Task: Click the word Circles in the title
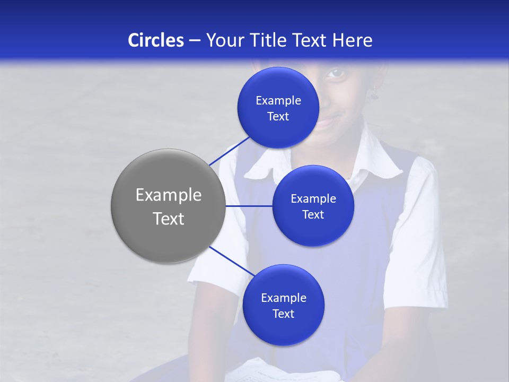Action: pos(156,40)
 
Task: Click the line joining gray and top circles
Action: pos(230,151)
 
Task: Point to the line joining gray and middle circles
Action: pos(249,206)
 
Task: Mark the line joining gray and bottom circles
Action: pos(232,261)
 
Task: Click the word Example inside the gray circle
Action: pos(169,195)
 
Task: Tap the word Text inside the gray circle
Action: pos(169,219)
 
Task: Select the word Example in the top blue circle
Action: pos(278,101)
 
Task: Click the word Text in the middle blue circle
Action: pos(313,215)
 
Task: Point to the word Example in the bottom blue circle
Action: pos(283,298)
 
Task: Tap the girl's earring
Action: pos(374,93)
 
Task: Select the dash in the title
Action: pos(195,40)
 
